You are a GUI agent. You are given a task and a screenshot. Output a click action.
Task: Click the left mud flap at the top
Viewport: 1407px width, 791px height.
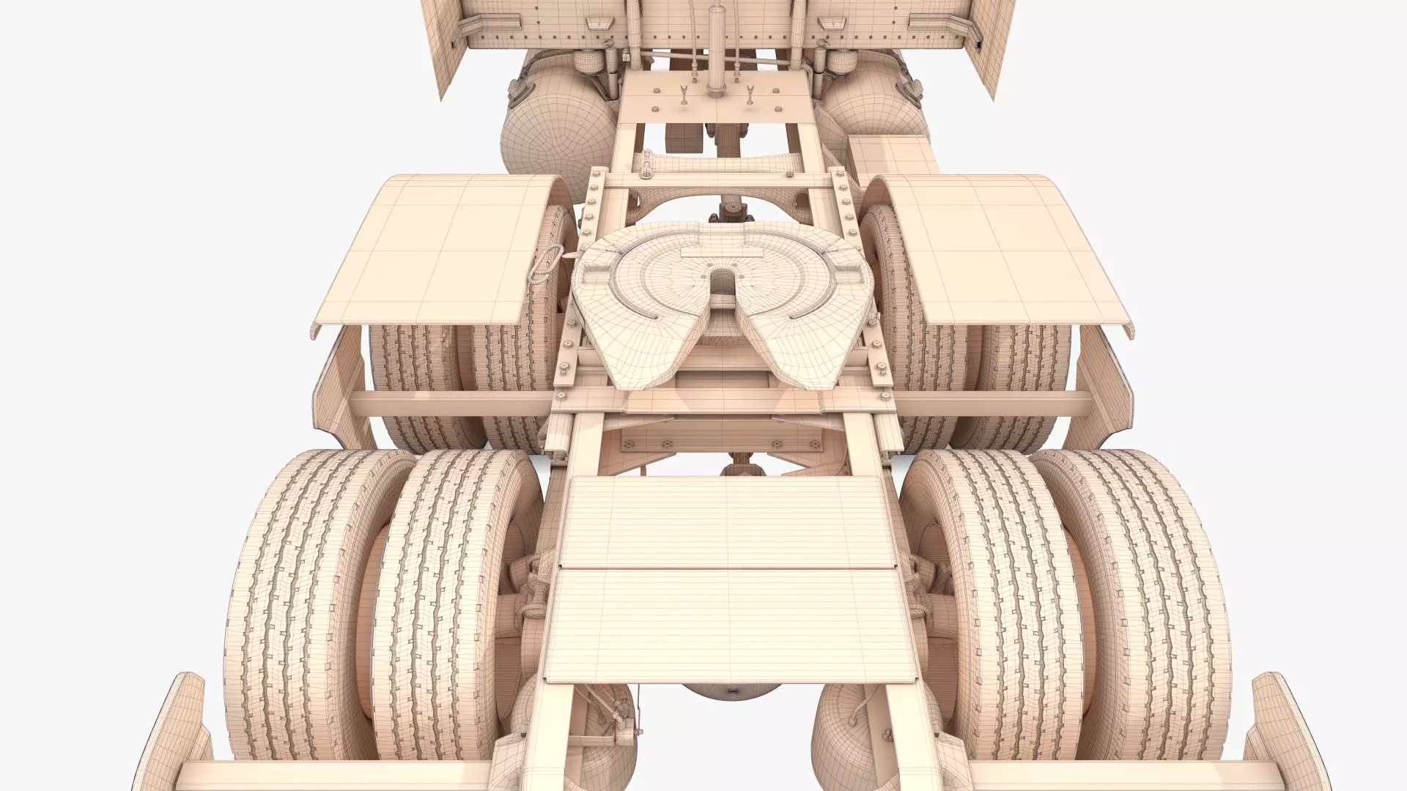click(x=454, y=51)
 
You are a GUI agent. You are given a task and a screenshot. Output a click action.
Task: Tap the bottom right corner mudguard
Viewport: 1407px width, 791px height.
click(x=1286, y=740)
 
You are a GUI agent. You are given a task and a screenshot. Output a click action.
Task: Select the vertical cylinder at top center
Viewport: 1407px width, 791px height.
click(x=713, y=44)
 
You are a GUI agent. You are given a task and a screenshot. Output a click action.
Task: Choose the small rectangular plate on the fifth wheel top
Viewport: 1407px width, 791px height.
click(x=714, y=253)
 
